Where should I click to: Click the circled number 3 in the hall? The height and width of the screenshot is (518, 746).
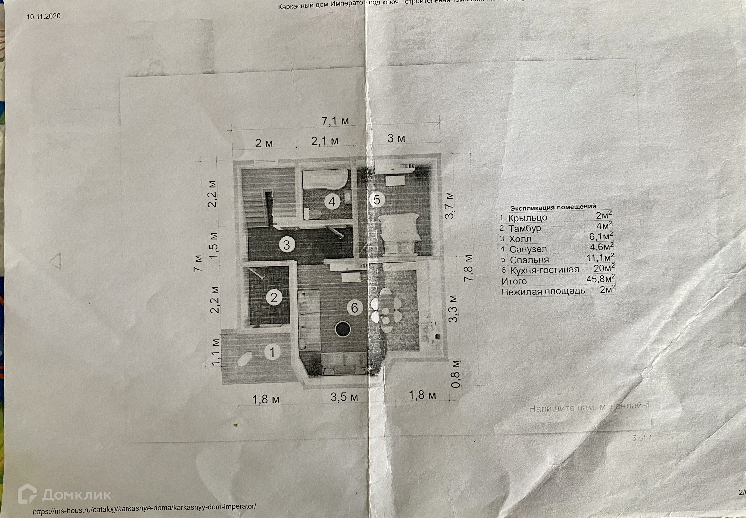coord(286,245)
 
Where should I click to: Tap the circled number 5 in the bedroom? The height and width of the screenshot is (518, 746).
coord(377,199)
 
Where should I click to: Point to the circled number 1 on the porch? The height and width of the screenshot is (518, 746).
coord(272,352)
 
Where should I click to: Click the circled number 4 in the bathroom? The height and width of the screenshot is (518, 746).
coord(332,202)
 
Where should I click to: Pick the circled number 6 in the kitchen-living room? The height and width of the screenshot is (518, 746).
coord(354,307)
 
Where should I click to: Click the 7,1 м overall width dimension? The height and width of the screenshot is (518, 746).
coord(335,121)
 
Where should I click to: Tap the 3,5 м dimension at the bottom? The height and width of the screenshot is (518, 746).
coord(344,397)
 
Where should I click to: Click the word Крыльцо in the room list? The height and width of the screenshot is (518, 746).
coord(528,218)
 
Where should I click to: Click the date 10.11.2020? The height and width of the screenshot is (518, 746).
coord(43,16)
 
